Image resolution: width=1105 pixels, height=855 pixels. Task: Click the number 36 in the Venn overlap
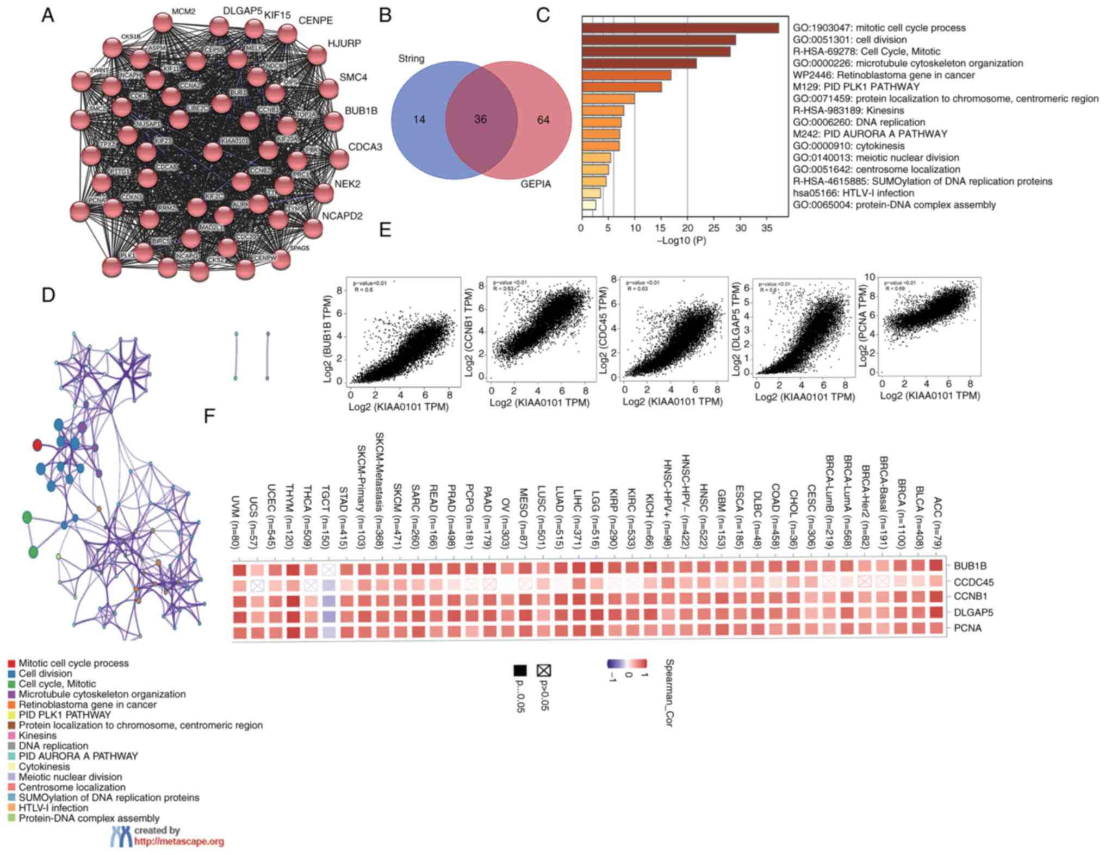pos(480,119)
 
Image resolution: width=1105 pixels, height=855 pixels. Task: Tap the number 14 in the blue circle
pos(419,119)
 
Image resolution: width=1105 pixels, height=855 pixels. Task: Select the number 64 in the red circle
pos(543,120)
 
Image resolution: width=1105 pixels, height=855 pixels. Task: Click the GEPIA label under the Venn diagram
pos(536,184)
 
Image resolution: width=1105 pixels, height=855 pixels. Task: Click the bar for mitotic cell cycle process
pos(680,28)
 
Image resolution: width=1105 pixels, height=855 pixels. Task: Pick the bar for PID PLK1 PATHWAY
pos(622,87)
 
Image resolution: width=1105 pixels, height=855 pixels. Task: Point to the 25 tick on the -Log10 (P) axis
pos(714,228)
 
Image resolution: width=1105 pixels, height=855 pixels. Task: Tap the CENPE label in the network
pos(315,21)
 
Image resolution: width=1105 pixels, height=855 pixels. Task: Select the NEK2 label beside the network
pos(347,184)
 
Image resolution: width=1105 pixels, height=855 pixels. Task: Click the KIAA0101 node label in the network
pos(234,141)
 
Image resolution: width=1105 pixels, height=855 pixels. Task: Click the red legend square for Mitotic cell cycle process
pos(11,664)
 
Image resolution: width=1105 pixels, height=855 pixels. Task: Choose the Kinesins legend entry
pos(37,735)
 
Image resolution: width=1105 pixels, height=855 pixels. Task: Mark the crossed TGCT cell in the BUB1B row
pos(328,570)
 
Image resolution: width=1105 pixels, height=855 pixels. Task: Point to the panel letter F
pos(209,416)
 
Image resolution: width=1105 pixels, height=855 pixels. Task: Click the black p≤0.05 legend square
pos(520,670)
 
